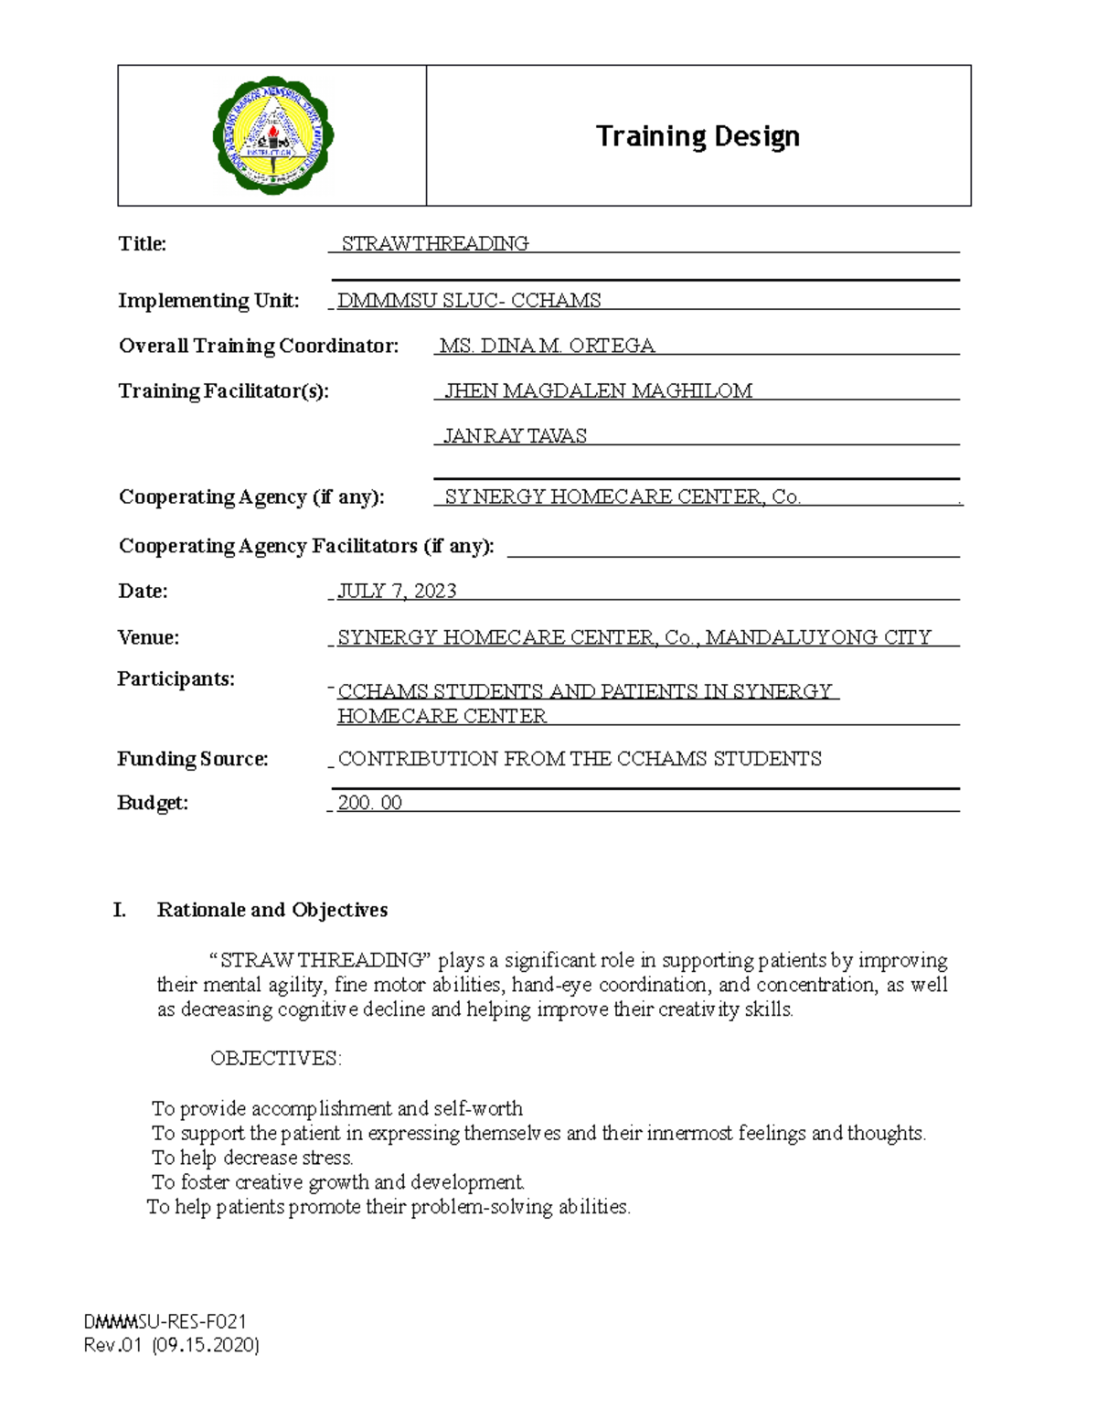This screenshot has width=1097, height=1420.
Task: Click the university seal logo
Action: (x=272, y=135)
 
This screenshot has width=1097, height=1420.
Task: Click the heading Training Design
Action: (x=698, y=136)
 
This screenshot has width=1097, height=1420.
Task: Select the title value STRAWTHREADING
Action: (x=434, y=243)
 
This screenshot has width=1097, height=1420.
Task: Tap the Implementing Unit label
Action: (x=208, y=301)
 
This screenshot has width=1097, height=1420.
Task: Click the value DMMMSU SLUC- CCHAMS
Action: (x=469, y=301)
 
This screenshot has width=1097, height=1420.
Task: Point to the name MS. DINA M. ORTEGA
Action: (x=547, y=346)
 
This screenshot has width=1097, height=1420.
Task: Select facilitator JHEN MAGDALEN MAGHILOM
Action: (x=598, y=391)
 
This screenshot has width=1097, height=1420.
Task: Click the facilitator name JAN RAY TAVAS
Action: (x=515, y=436)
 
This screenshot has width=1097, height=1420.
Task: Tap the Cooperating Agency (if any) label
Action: (x=251, y=497)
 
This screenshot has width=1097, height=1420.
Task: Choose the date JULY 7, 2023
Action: (x=397, y=592)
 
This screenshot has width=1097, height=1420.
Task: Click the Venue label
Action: (x=148, y=637)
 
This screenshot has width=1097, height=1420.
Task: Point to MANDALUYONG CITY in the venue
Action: (x=818, y=637)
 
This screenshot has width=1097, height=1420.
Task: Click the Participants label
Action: (x=176, y=679)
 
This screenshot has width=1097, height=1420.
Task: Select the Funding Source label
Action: (x=193, y=759)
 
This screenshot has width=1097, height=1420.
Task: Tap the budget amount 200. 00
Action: (x=369, y=803)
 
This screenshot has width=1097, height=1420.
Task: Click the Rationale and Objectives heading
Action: (x=272, y=910)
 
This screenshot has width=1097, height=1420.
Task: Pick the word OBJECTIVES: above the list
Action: (x=275, y=1059)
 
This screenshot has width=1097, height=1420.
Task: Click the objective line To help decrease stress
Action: (x=252, y=1158)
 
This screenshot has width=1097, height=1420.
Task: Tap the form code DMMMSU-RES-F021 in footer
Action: (x=165, y=1321)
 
